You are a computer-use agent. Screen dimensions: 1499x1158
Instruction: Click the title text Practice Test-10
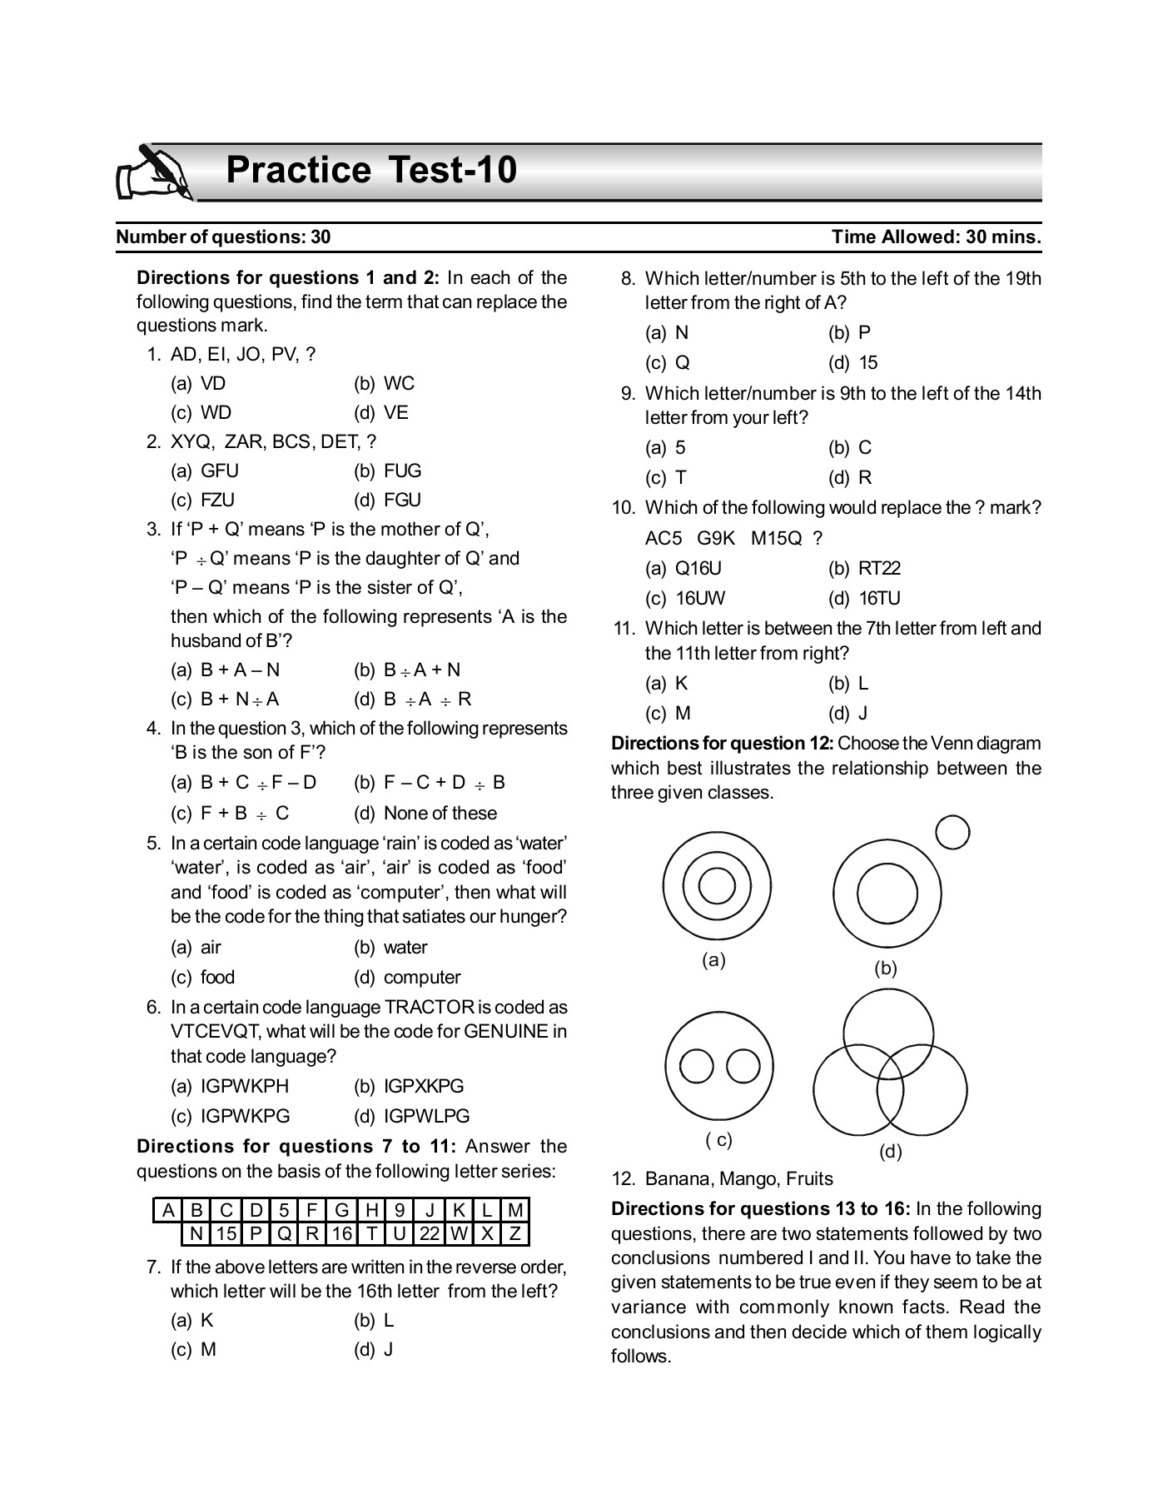point(371,170)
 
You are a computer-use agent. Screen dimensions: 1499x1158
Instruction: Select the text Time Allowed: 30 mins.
point(936,237)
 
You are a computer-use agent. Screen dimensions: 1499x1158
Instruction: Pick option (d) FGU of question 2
point(388,500)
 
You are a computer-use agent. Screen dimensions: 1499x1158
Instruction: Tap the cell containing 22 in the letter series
point(430,1233)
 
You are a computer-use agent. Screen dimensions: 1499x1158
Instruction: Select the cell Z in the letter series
point(515,1233)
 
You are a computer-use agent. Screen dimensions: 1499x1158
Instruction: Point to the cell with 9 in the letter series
point(400,1210)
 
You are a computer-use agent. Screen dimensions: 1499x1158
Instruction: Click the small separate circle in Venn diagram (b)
point(953,832)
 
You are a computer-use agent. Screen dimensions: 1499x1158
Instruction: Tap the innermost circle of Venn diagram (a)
point(717,885)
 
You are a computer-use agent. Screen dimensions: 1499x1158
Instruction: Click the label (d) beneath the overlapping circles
point(890,1152)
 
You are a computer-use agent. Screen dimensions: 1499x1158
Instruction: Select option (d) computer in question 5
point(408,978)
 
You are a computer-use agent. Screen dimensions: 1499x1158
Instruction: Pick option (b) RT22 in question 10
point(865,569)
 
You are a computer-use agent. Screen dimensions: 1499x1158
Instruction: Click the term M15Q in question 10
point(776,539)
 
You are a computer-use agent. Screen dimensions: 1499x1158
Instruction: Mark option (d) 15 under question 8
point(853,363)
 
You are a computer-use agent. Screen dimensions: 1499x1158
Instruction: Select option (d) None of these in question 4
point(425,814)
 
